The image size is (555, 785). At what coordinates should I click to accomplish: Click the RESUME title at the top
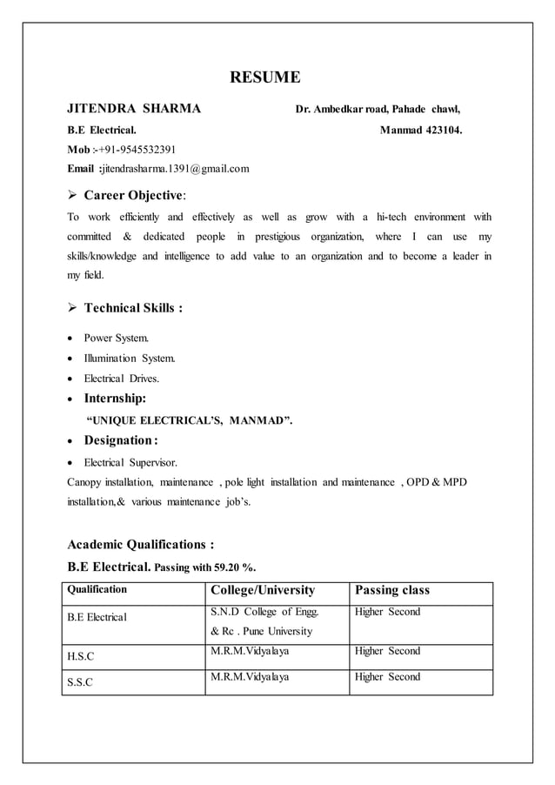coord(264,78)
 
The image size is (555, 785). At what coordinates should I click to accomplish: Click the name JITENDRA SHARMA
coord(135,110)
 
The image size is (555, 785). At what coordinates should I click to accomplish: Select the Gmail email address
coord(176,168)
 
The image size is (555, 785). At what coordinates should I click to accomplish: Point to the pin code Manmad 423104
coord(421,131)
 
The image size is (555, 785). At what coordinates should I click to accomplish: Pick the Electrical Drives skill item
coord(122,379)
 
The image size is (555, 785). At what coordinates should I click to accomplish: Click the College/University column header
coord(262,591)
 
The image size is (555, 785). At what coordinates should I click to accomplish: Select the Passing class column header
coord(393,591)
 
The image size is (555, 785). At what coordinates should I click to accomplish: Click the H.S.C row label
coord(82,657)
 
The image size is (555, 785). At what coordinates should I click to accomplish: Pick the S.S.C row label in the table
coord(82,682)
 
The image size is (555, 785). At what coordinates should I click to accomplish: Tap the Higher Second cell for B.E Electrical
coord(387,612)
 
